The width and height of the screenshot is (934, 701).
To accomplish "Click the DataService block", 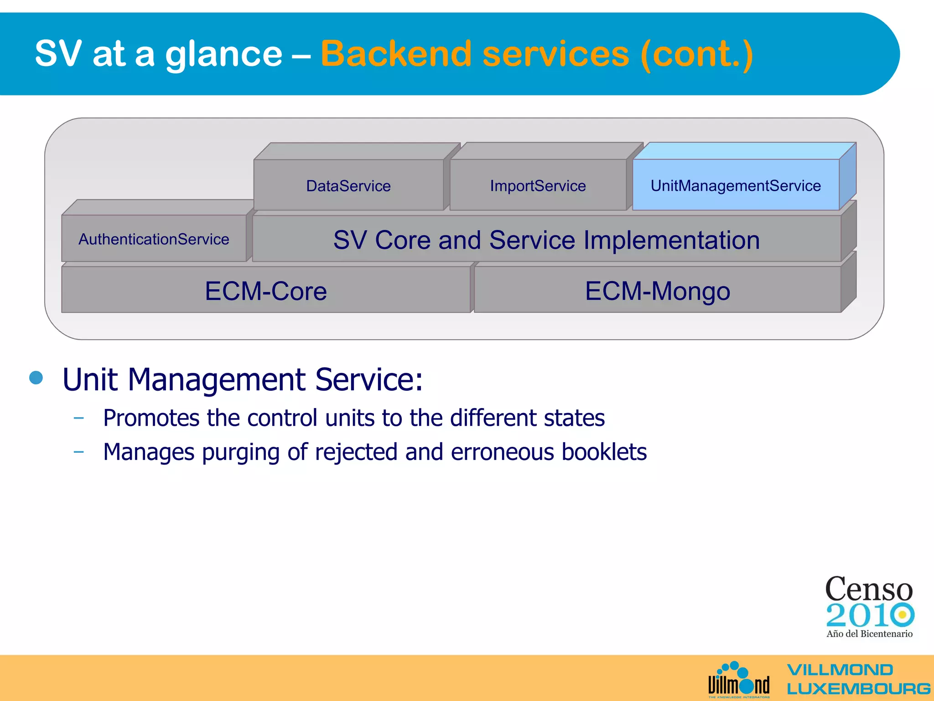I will point(348,186).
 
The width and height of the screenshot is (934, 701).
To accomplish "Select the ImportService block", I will point(538,186).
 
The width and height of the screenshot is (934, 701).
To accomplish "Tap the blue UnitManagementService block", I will point(735,186).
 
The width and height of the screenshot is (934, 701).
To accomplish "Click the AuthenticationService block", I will point(154,239).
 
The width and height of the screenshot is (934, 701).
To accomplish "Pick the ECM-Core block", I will point(266,291).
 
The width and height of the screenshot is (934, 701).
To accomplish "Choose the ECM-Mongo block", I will point(657,291).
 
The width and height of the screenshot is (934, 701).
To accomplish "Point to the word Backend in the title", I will point(396,54).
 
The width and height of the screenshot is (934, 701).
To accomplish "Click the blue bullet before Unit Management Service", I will point(36,378).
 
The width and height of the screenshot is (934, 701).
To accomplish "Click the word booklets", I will point(604,452).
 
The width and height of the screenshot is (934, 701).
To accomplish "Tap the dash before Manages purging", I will point(78,452).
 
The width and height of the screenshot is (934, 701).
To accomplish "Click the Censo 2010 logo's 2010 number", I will point(869,615).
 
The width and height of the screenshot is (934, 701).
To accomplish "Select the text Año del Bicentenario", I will point(869,633).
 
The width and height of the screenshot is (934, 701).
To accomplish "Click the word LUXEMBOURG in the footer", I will point(858,688).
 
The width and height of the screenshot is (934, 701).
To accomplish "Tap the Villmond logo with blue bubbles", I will point(738,680).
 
